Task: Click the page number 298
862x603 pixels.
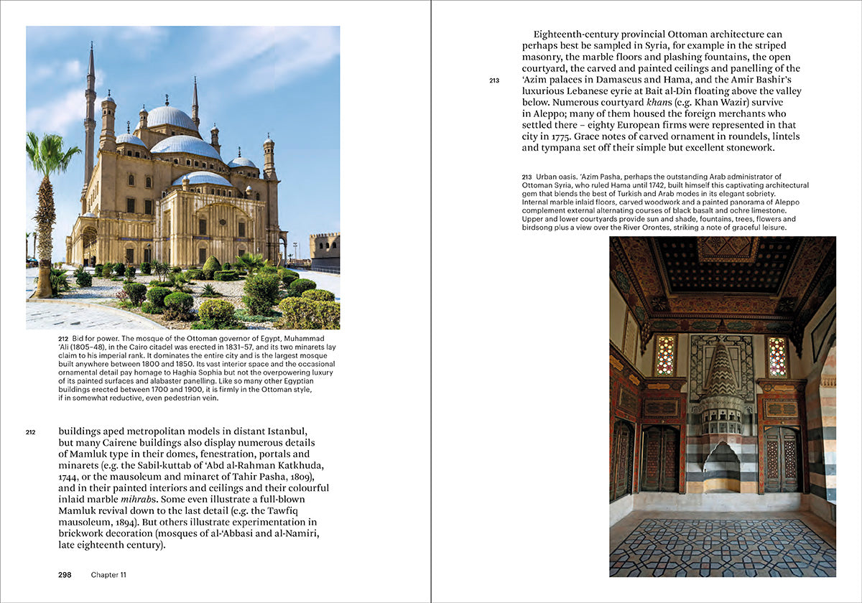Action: point(65,574)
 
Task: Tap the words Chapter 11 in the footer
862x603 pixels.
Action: point(108,574)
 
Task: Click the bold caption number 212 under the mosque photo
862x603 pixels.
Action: point(63,337)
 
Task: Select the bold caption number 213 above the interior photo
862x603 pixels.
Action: point(527,177)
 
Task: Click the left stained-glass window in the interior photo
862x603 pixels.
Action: point(666,356)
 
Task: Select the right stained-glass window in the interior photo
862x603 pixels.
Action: point(778,356)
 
